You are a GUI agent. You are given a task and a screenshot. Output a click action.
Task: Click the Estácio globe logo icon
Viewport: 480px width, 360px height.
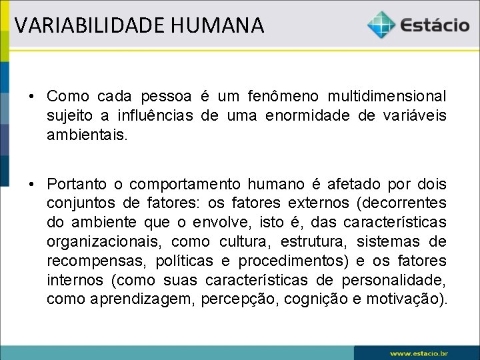[x=381, y=25]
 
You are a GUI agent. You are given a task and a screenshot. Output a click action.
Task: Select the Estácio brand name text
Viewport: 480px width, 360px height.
[x=435, y=25]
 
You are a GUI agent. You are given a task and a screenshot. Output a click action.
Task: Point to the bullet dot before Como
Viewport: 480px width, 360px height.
[x=31, y=97]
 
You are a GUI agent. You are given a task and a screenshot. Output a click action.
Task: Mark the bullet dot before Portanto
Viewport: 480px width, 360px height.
[x=31, y=184]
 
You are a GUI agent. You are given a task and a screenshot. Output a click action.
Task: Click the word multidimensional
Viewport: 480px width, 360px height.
[x=387, y=97]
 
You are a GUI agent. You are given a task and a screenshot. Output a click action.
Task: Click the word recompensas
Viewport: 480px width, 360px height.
[x=97, y=261]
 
